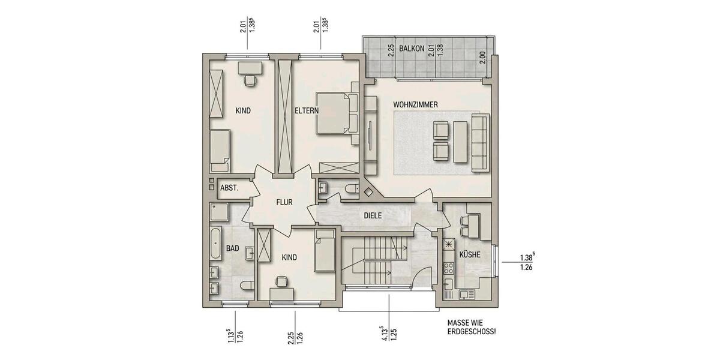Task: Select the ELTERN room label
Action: point(306,111)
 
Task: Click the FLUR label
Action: point(284,202)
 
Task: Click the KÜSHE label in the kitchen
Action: point(469,254)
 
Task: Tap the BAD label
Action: point(233,247)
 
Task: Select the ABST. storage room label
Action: point(229,188)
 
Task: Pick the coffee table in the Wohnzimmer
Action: point(460,142)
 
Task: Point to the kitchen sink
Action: point(466,294)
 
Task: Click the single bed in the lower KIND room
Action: point(324,250)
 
